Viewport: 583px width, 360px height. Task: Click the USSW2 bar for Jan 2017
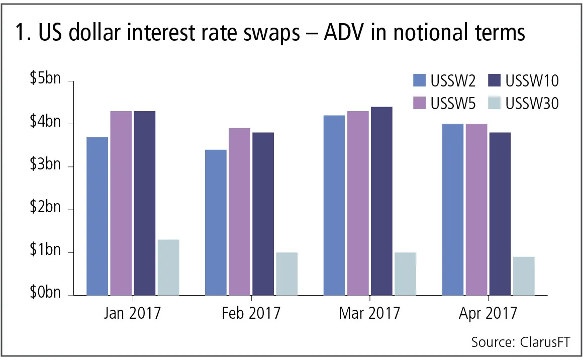pos(98,216)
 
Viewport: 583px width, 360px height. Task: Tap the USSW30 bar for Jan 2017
pos(168,267)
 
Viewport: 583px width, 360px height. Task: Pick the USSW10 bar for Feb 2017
pos(263,214)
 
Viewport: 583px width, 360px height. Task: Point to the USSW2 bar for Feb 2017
pos(216,222)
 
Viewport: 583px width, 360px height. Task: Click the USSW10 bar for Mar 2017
pos(381,201)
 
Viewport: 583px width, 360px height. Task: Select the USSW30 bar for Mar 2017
pos(405,274)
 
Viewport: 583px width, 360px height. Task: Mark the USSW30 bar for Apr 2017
pos(523,276)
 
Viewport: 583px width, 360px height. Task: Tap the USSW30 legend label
pos(532,103)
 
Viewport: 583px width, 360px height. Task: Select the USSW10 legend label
pos(532,80)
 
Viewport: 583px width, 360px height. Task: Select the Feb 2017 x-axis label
pos(251,313)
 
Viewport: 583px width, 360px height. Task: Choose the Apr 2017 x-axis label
pos(488,313)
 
